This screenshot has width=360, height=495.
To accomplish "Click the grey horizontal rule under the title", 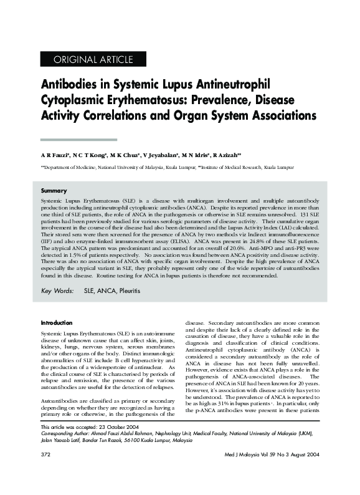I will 78,140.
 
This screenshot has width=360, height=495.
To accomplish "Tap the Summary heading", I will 54,190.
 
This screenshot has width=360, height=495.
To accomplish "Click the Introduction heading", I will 57,322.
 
